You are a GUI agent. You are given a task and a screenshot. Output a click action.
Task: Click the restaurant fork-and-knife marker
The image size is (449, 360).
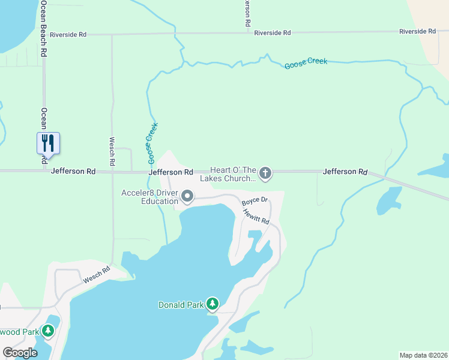click(48, 143)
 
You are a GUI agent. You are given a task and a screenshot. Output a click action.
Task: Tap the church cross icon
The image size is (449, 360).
click(265, 174)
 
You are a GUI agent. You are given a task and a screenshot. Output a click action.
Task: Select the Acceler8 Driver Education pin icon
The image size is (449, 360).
click(187, 196)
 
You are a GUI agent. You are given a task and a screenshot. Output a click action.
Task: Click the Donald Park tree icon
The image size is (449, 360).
click(212, 304)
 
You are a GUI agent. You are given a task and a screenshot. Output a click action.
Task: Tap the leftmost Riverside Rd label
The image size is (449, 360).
click(68, 35)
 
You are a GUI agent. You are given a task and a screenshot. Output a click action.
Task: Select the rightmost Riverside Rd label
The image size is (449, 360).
click(417, 31)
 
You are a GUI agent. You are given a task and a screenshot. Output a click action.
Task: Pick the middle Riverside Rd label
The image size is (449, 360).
click(272, 33)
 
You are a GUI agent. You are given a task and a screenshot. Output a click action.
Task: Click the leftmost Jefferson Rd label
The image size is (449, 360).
click(73, 172)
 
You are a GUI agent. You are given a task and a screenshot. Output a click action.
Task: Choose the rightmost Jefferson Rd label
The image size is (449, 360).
click(345, 172)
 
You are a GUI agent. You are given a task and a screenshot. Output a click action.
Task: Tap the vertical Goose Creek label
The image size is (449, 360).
click(152, 143)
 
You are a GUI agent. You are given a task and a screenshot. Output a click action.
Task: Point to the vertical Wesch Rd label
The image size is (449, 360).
click(112, 151)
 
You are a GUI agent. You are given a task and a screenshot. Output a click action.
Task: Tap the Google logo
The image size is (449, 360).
click(20, 352)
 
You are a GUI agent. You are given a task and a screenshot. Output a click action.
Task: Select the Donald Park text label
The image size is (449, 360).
click(181, 305)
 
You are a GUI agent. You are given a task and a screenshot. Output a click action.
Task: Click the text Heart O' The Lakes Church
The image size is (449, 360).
click(233, 175)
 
